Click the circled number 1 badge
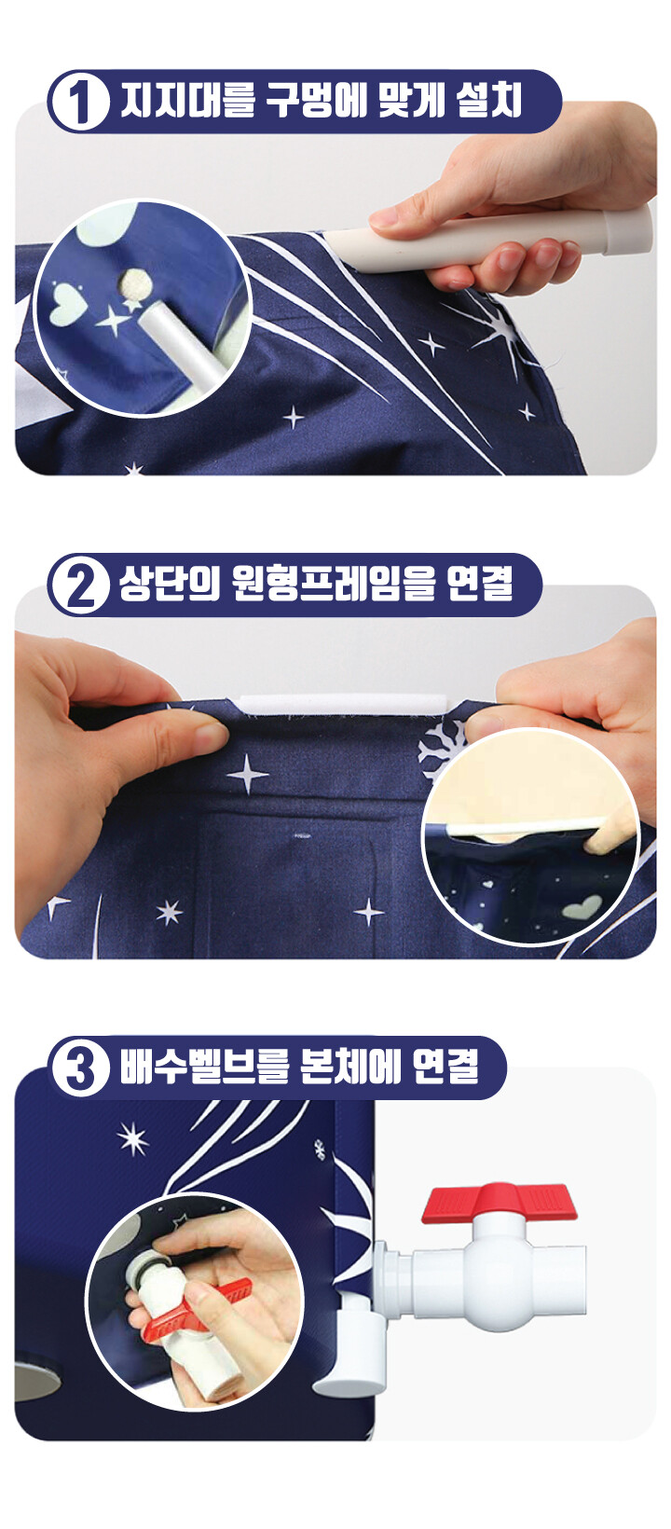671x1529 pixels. pos(80,103)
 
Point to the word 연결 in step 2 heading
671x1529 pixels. pos(480,585)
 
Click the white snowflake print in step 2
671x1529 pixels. pos(441,747)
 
